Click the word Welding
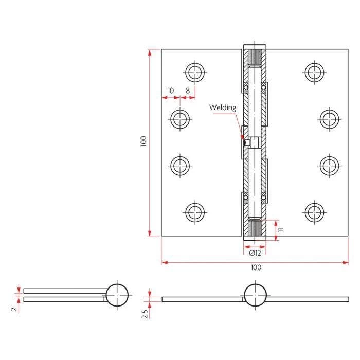click(x=223, y=107)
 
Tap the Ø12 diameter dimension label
click(x=255, y=253)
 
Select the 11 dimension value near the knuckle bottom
click(x=281, y=229)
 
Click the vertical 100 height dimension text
click(x=143, y=141)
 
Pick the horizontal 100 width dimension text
click(x=256, y=267)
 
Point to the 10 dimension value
click(x=171, y=91)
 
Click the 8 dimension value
click(x=188, y=91)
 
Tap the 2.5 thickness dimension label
click(x=145, y=314)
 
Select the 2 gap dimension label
click(x=14, y=309)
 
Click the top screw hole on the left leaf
click(x=195, y=73)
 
